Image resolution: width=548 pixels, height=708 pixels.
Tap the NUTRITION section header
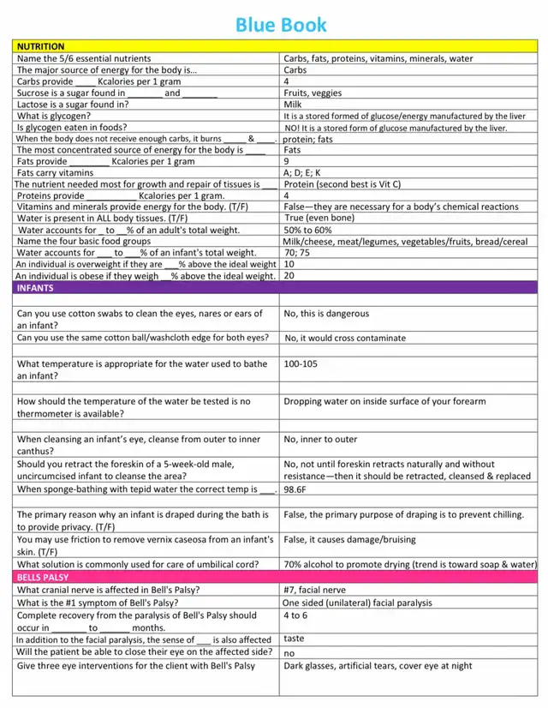[x=41, y=46]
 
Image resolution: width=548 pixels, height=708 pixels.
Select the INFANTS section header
[x=36, y=288]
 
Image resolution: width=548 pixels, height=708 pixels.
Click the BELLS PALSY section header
[x=44, y=578]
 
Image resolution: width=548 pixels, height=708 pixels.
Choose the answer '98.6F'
[x=295, y=489]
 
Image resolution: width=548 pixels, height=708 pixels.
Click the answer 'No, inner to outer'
[x=320, y=440]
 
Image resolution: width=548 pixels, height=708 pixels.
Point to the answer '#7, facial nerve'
[x=314, y=590]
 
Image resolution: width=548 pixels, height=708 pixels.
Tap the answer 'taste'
[x=294, y=639]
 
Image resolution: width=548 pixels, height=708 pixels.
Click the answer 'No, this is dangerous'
[x=326, y=315]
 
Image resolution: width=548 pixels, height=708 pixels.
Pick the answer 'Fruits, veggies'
[x=313, y=93]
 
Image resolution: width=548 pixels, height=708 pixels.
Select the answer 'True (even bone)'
[x=320, y=219]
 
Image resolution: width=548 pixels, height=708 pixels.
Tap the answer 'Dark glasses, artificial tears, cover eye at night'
[x=378, y=666]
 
